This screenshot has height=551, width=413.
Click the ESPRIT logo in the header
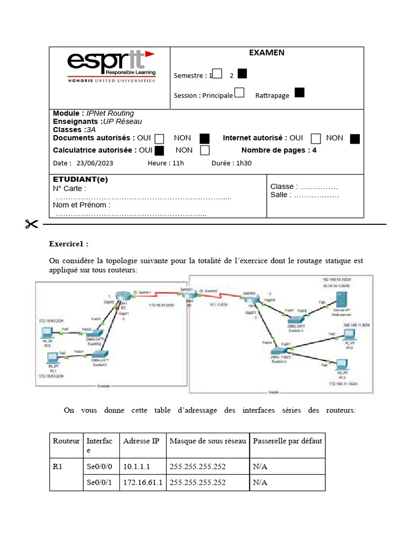click(111, 66)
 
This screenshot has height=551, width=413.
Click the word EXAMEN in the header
click(267, 53)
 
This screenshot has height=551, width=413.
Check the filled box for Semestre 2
click(243, 74)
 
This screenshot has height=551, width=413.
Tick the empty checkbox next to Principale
click(239, 93)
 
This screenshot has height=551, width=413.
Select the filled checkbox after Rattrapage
click(300, 93)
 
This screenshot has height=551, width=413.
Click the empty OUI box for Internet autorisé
click(316, 139)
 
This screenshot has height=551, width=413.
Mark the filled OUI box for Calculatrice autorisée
click(159, 150)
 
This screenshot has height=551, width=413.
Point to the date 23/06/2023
click(95, 163)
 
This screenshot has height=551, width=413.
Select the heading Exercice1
click(69, 243)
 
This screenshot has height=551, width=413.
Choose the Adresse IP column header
click(141, 441)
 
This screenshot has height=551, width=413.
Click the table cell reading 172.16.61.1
click(143, 483)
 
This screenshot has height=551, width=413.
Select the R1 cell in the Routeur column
click(58, 467)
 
